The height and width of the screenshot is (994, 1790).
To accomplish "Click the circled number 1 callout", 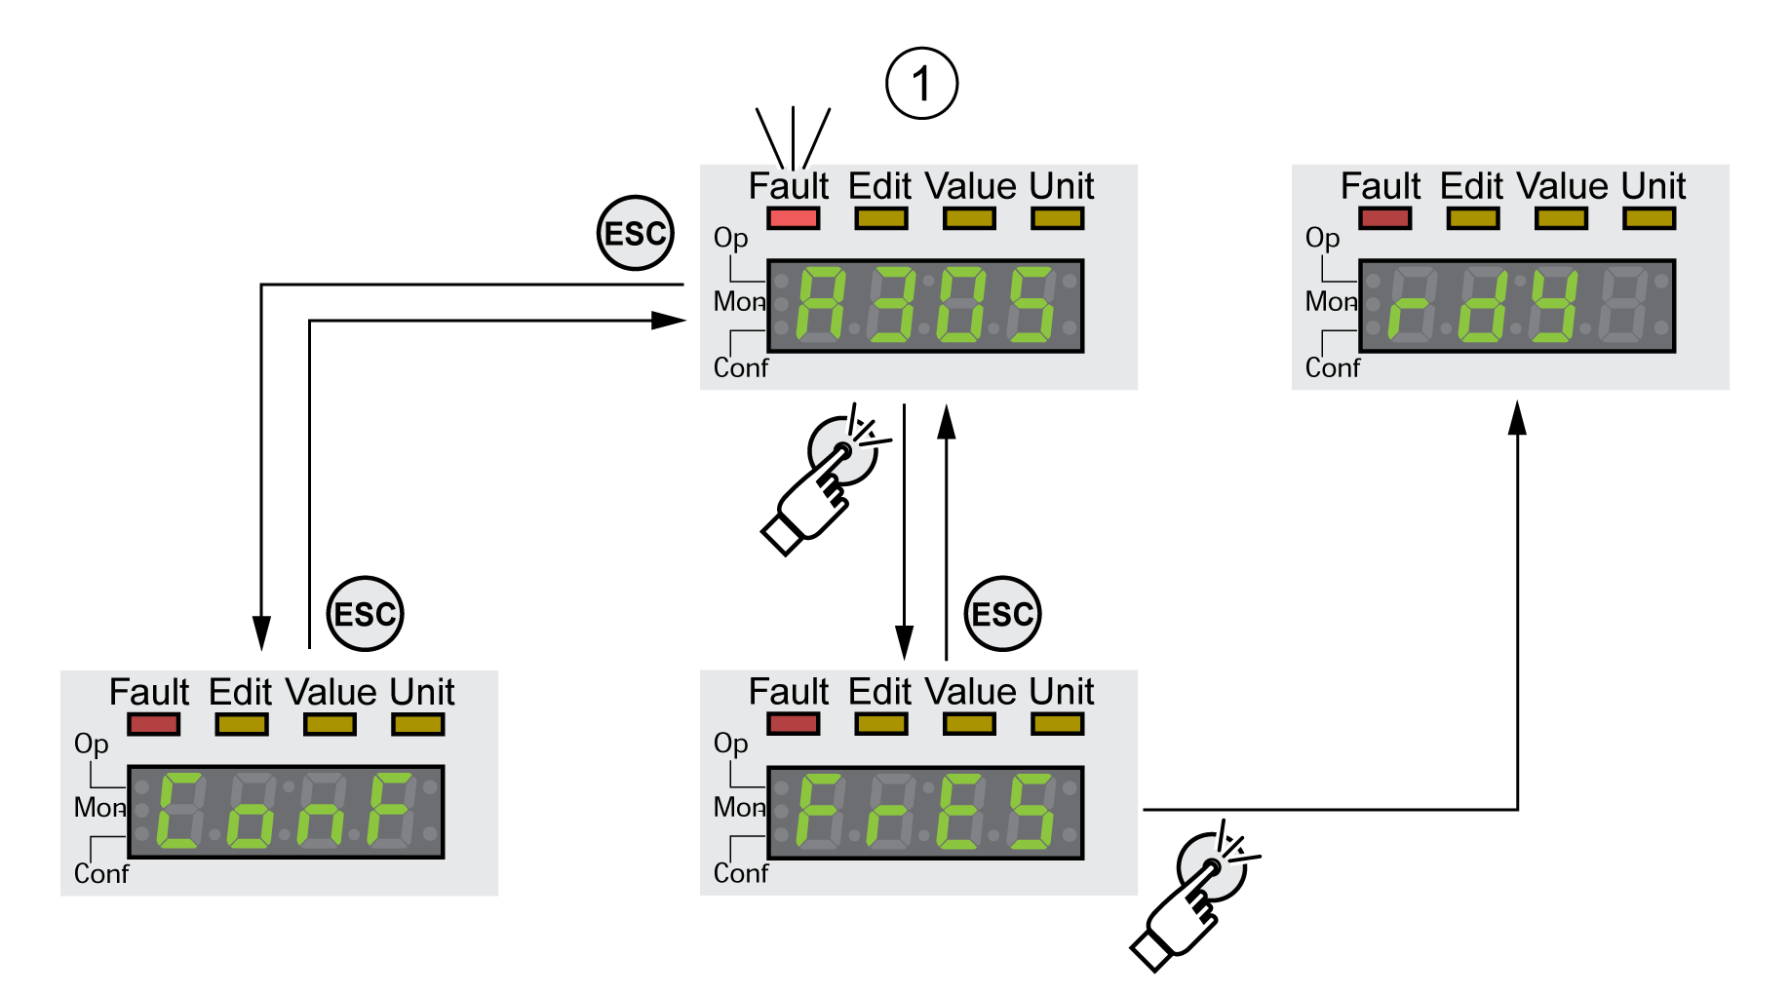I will (x=921, y=84).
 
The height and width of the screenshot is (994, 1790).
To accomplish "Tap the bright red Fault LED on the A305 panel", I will (x=793, y=218).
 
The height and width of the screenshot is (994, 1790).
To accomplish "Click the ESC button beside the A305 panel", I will (x=635, y=234).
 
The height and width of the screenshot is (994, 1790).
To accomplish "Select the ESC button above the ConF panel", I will (x=365, y=614).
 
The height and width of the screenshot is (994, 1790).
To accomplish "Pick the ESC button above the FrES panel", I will (x=1002, y=614).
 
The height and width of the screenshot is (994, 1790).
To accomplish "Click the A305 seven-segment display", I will (x=925, y=306).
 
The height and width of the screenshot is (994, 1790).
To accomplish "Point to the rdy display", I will (x=1517, y=306).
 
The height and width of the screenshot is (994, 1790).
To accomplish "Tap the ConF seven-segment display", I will (x=286, y=812).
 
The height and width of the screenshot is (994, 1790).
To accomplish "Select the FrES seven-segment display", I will (x=925, y=812).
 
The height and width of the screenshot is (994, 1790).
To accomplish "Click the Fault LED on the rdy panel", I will (x=1384, y=218).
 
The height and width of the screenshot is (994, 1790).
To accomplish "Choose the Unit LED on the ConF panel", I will (x=417, y=724).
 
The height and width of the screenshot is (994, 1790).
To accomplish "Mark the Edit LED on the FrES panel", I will (x=880, y=724).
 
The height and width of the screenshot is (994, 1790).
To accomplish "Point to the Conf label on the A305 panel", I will (x=740, y=368).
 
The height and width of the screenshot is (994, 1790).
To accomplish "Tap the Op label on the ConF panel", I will (x=91, y=745).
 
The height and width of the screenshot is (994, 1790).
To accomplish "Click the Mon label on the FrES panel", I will (x=738, y=807).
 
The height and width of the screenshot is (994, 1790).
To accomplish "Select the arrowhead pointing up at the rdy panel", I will (x=1517, y=417).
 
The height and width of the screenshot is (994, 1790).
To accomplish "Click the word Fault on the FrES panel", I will (x=788, y=692).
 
